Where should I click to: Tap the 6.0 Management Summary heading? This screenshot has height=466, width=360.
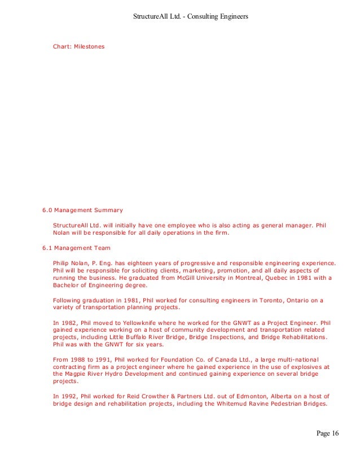[x=82, y=210]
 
